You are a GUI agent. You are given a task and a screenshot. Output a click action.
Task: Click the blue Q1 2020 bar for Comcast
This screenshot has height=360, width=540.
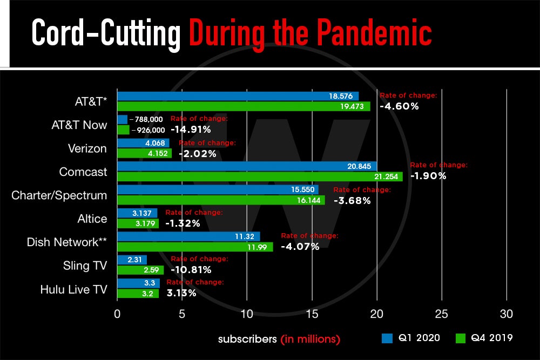click(247, 166)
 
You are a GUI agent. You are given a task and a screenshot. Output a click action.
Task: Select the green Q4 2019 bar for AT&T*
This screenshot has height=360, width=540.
click(244, 106)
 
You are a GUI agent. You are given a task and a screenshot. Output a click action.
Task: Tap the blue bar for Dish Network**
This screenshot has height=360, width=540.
click(188, 236)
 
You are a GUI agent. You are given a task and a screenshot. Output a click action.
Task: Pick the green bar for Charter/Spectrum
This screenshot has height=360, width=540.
click(221, 200)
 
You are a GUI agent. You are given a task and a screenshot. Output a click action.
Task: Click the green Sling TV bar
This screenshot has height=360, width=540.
click(140, 270)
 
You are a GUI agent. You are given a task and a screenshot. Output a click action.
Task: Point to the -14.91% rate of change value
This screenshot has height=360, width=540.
click(191, 130)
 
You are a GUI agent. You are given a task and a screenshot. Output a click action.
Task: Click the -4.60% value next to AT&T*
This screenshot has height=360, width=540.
click(399, 106)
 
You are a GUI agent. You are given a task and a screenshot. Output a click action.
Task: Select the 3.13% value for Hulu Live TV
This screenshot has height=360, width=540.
click(181, 293)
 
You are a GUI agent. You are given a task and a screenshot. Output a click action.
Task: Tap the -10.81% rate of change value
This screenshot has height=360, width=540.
click(191, 270)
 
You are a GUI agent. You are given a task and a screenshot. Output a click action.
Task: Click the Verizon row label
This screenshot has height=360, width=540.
click(87, 148)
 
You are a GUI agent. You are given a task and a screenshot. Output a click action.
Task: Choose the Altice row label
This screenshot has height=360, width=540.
click(92, 219)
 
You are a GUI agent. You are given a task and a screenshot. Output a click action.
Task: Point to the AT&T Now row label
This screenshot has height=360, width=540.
click(79, 125)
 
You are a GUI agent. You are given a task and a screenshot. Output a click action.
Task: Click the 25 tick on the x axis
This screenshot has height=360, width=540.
click(442, 314)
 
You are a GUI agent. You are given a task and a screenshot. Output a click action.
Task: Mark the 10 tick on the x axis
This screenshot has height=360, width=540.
click(247, 314)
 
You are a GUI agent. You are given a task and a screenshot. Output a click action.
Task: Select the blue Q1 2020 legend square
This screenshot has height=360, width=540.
click(387, 338)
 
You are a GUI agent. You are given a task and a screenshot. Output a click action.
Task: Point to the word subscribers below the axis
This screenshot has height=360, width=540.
click(247, 339)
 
